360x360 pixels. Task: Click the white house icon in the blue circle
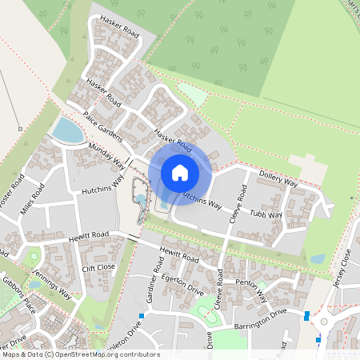coord(180,172)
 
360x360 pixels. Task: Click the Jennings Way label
coord(53,283)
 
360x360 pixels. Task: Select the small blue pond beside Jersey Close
coord(318,259)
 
